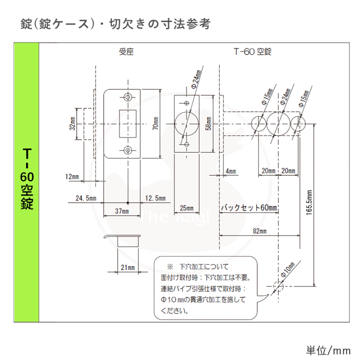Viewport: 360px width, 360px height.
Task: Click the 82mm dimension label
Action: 259,231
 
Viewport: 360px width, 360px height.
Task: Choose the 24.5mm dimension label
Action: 86,198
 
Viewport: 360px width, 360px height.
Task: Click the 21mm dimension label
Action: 128,268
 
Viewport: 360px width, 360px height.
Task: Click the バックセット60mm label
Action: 249,207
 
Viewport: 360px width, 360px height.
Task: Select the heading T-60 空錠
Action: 252,51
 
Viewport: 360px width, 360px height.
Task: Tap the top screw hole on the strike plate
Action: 128,97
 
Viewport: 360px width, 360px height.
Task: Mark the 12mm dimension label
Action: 72,176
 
